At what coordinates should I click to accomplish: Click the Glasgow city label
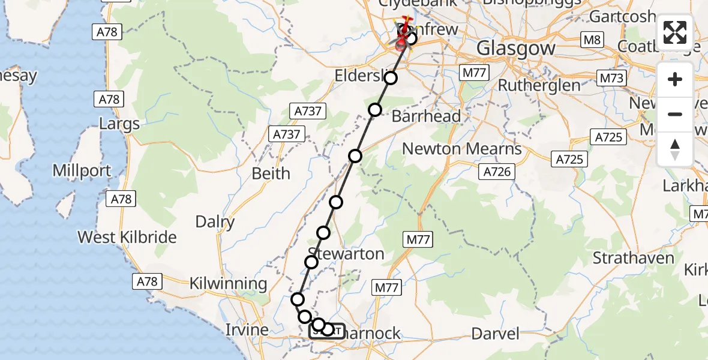pyautogui.click(x=516, y=48)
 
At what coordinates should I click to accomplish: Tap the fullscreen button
pyautogui.click(x=675, y=32)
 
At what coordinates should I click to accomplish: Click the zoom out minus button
pyautogui.click(x=675, y=114)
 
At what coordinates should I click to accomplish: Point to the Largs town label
pyautogui.click(x=119, y=124)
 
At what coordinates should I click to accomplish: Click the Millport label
pyautogui.click(x=82, y=170)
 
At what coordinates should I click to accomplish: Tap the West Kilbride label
pyautogui.click(x=127, y=237)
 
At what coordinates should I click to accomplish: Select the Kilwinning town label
pyautogui.click(x=228, y=284)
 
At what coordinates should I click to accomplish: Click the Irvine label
pyautogui.click(x=247, y=330)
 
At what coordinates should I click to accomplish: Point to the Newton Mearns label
pyautogui.click(x=462, y=148)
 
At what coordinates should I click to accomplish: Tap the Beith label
pyautogui.click(x=271, y=173)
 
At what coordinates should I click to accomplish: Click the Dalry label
pyautogui.click(x=215, y=222)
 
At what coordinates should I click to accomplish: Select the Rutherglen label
pyautogui.click(x=539, y=85)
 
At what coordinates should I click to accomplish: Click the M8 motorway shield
pyautogui.click(x=592, y=40)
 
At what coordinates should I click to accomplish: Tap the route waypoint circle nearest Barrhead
pyautogui.click(x=375, y=109)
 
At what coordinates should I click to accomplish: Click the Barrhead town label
pyautogui.click(x=426, y=116)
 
